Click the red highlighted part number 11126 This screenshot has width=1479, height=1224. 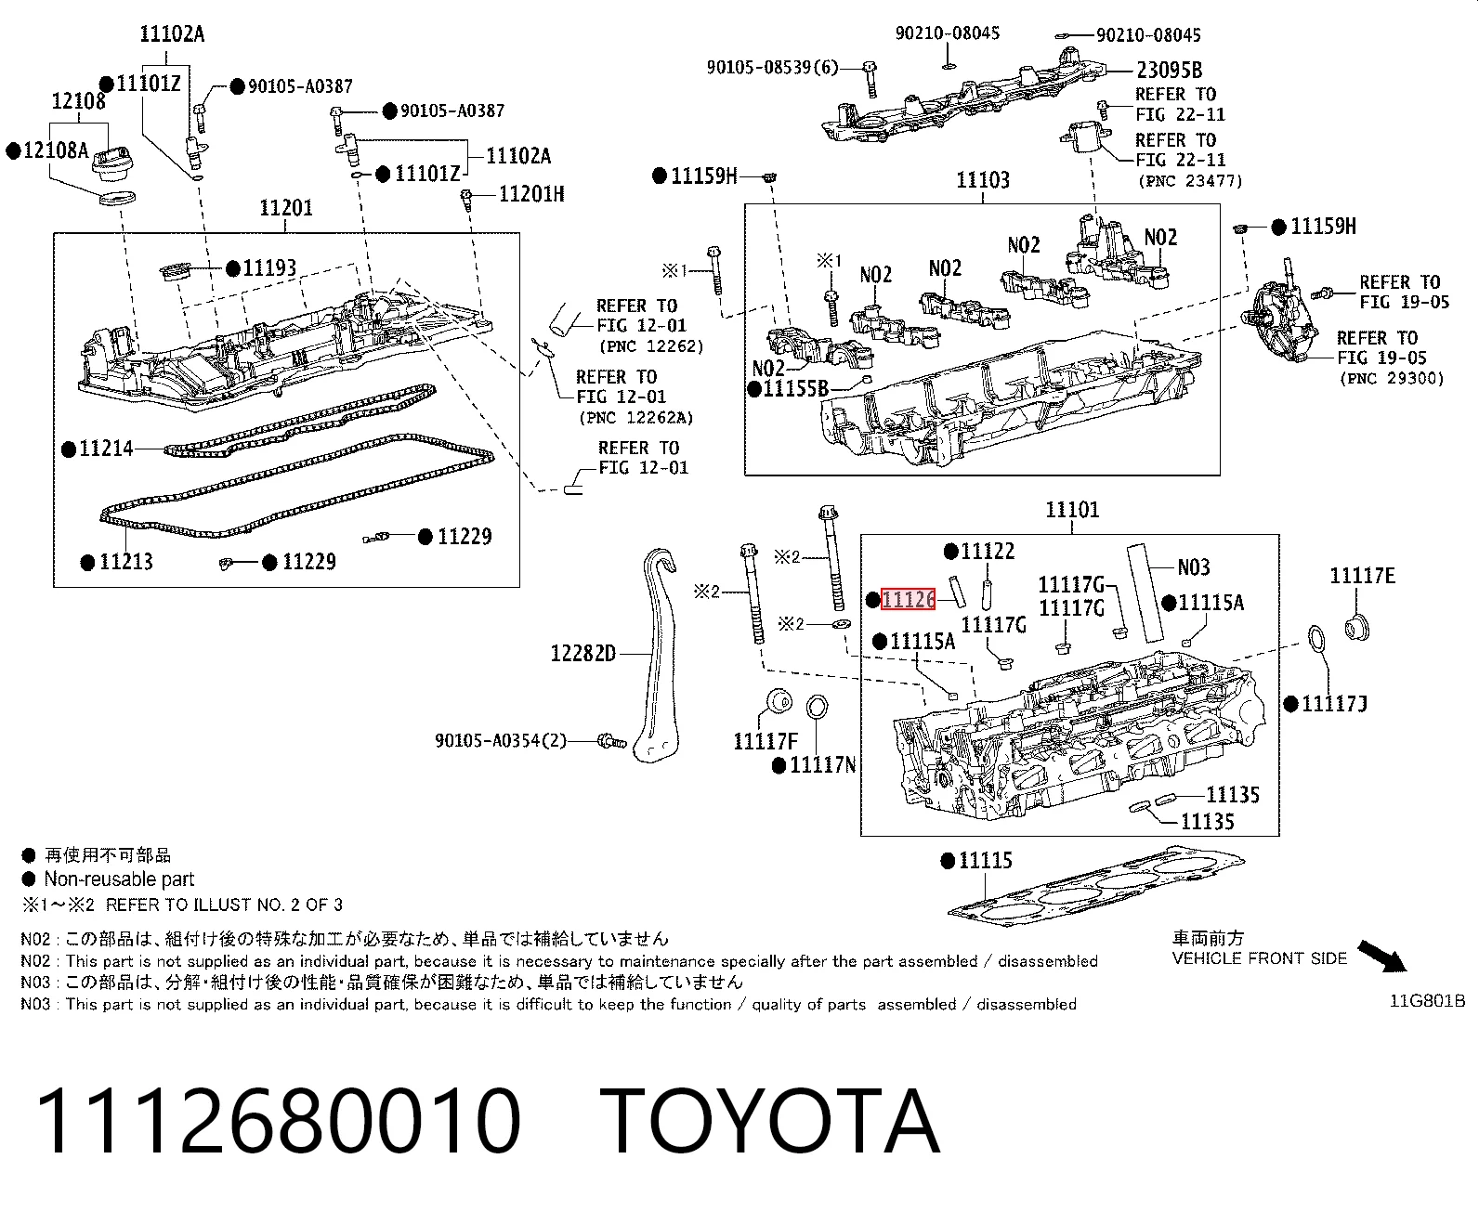908,600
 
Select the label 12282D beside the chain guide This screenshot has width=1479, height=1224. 582,653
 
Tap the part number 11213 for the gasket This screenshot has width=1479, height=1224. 126,562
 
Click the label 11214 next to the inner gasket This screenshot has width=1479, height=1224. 106,449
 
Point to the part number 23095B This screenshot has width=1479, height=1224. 1170,71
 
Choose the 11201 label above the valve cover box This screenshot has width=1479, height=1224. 286,207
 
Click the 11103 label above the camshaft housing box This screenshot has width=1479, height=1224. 983,180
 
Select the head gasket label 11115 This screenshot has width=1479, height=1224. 986,861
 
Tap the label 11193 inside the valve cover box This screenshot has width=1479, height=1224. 269,267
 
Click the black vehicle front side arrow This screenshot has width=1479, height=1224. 1382,957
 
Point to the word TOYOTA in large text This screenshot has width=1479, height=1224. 771,1122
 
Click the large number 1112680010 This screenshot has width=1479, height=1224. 279,1122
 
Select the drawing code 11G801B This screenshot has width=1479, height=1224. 1427,1001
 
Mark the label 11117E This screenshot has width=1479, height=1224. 1362,576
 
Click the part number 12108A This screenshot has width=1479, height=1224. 56,150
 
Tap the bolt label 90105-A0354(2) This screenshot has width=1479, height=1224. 501,741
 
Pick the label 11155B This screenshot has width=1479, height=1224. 795,388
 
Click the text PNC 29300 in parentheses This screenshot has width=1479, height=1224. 1391,378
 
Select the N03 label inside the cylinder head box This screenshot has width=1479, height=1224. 1194,567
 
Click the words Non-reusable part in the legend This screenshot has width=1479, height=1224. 119,879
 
